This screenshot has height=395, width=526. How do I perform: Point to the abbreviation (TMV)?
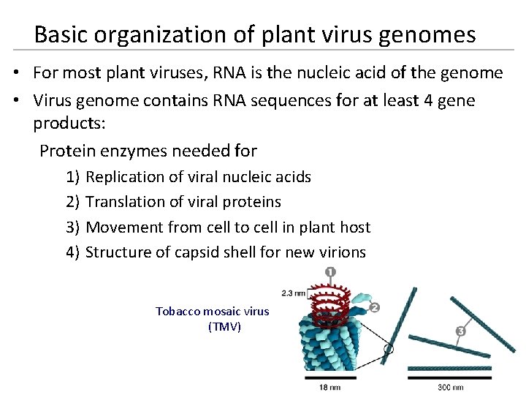click(x=224, y=326)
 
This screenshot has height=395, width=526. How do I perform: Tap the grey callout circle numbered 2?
click(x=374, y=308)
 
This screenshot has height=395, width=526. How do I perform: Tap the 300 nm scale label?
click(x=449, y=387)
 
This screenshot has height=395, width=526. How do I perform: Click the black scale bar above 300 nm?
click(x=449, y=377)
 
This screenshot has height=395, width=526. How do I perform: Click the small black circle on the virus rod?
click(x=389, y=349)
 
